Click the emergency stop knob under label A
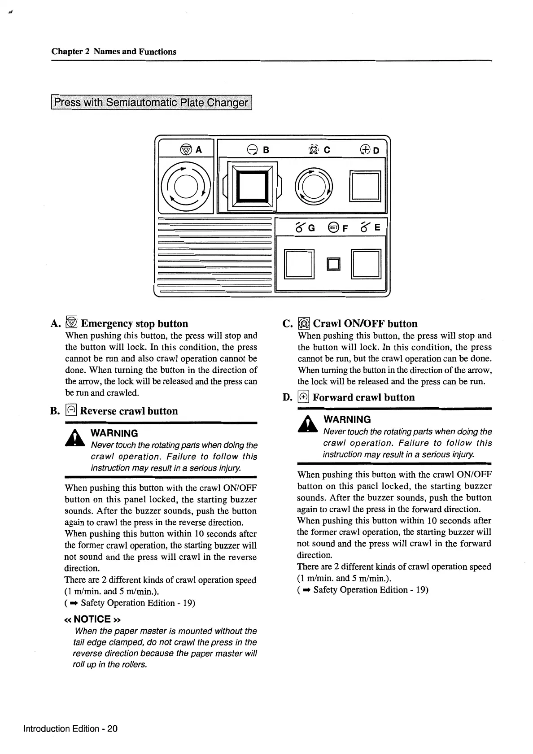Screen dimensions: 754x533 pos(186,185)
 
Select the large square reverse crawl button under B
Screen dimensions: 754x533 pos(252,185)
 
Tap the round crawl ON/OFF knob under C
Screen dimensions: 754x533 pos(314,185)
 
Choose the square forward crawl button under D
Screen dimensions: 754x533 pos(366,186)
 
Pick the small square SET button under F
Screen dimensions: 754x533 pos(334,264)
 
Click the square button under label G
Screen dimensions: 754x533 pos(298,264)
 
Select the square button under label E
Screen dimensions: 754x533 pos(366,264)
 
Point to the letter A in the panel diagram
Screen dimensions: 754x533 pos(198,150)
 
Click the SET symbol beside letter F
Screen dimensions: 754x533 pos(333,227)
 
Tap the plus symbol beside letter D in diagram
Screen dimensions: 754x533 pos(364,149)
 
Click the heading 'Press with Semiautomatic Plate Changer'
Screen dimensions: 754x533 pos(152,103)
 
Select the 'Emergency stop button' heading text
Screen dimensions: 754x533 pos(134,323)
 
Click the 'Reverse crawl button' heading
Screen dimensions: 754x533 pos(128,411)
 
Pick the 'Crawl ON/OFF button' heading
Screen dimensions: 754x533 pos(365,323)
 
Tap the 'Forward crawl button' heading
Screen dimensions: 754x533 pos(363,397)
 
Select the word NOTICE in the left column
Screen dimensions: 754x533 pos(92,619)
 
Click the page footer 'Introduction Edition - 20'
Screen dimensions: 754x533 pos(70,728)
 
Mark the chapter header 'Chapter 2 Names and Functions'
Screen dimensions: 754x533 pos(114,52)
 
